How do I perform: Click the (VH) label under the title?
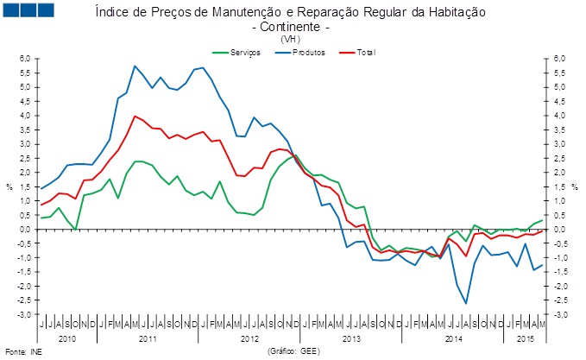tap(291, 40)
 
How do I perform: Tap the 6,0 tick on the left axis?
tap(25, 58)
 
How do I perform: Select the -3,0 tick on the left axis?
tap(24, 314)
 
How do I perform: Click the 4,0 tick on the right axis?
tap(559, 116)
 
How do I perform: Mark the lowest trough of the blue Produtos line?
tap(466, 303)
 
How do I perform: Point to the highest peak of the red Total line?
tap(135, 116)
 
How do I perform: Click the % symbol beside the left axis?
tap(9, 186)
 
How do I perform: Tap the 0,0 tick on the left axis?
tap(25, 229)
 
